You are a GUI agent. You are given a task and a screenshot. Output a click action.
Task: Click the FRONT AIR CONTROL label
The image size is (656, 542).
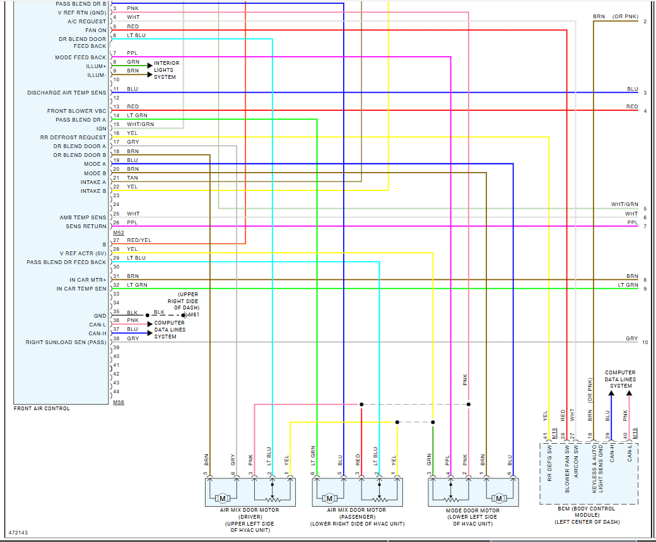[x=42, y=408]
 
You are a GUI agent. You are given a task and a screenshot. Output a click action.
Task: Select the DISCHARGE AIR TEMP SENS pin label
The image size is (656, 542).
[x=66, y=93]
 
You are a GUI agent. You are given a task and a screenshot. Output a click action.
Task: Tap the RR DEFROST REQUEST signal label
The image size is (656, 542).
[x=73, y=137]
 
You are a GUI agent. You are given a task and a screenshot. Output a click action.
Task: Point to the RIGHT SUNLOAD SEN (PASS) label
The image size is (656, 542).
[x=66, y=342]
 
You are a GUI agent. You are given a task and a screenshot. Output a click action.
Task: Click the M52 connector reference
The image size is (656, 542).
[x=118, y=233]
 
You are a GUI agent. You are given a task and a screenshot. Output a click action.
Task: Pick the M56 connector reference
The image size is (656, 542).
[x=118, y=401]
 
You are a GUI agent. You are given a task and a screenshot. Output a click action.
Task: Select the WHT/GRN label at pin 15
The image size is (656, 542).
[x=140, y=124]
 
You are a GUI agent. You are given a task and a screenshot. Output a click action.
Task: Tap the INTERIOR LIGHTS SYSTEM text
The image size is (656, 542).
[x=167, y=70]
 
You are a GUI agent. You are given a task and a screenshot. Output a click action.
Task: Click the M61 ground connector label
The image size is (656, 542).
[x=193, y=314]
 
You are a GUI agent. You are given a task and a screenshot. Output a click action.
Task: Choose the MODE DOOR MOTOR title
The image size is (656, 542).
[x=472, y=510]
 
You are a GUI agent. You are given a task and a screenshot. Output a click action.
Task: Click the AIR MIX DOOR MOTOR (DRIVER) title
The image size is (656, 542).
[x=250, y=510]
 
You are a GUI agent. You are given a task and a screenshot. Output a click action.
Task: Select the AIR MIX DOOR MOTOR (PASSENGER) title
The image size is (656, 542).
[x=357, y=510]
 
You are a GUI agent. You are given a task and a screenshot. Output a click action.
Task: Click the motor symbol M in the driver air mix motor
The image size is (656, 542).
[x=222, y=499]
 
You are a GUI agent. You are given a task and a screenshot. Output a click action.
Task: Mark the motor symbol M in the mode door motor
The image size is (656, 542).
[x=498, y=499]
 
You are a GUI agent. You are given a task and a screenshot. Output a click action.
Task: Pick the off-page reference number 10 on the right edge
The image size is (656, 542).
[x=645, y=342]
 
